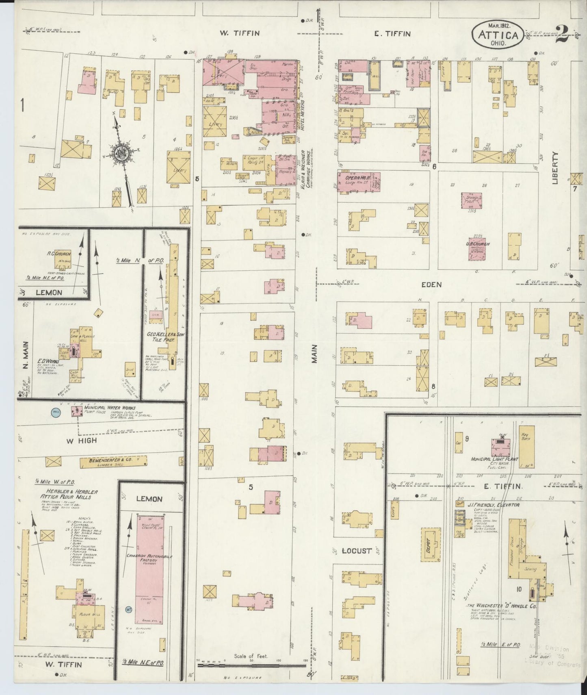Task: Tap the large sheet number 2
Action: click(x=563, y=35)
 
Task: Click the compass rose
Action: click(x=121, y=153)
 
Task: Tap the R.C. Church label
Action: click(x=59, y=254)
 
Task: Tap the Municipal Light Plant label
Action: click(x=494, y=459)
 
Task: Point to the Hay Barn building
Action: click(x=526, y=446)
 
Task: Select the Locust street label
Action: click(x=357, y=551)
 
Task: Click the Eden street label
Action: click(x=431, y=285)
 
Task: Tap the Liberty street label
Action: click(x=556, y=168)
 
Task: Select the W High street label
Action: click(x=84, y=440)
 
